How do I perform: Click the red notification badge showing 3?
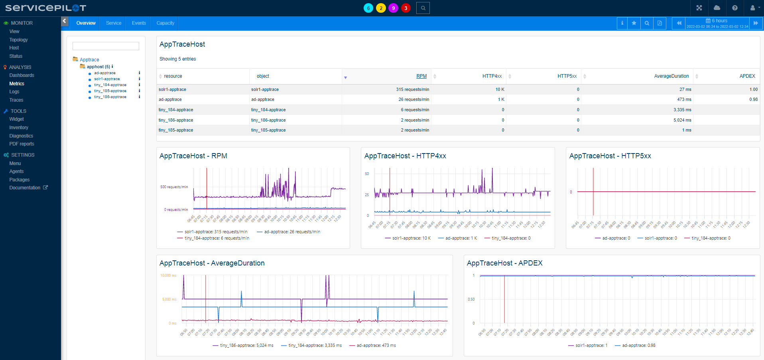click(406, 8)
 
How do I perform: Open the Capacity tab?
click(165, 23)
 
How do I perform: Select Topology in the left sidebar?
click(18, 40)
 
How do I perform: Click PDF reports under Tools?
click(22, 144)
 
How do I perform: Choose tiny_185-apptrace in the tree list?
click(110, 91)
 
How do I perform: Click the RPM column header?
click(421, 76)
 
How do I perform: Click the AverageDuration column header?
click(671, 76)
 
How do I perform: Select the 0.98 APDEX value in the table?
click(753, 100)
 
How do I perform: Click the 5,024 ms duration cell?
click(682, 120)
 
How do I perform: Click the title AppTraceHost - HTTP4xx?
click(405, 156)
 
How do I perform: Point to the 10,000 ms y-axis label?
click(168, 275)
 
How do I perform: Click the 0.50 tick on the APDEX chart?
click(471, 299)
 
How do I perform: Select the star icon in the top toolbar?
click(634, 23)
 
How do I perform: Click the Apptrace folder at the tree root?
click(89, 60)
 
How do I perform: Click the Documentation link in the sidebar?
click(25, 188)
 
